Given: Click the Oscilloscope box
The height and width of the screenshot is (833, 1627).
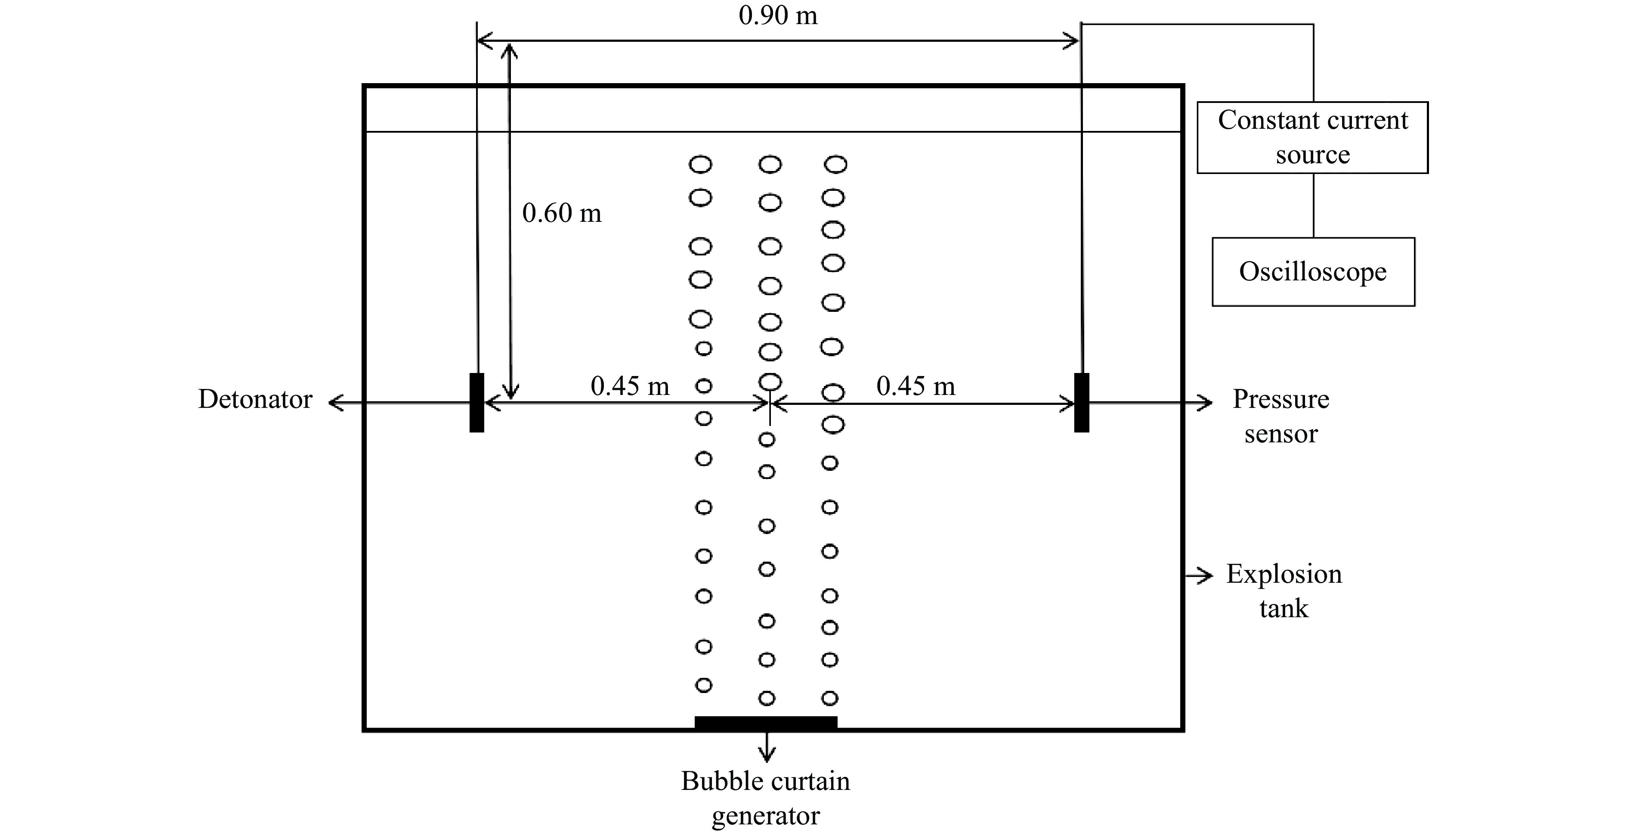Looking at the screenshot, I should [1312, 272].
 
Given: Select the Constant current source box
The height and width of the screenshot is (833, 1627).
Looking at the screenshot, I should [1312, 137].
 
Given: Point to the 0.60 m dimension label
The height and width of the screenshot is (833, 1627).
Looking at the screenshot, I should [562, 213].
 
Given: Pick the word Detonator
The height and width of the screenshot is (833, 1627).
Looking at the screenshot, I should [255, 399].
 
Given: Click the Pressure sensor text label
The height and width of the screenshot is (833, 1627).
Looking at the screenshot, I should [1280, 416].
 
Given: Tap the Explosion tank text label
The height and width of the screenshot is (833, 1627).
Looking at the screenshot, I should [1284, 591].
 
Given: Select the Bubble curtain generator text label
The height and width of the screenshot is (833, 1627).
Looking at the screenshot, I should [765, 798].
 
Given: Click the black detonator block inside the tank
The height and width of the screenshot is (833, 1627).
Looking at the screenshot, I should [477, 403].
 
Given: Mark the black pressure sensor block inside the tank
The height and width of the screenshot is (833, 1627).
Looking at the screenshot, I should [1081, 403].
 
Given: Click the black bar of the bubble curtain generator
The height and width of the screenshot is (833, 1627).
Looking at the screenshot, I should [765, 722].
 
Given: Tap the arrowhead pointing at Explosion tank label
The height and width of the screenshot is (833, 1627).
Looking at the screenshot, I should [1206, 575].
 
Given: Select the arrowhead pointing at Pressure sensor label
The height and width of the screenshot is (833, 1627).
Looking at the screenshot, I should [1206, 403].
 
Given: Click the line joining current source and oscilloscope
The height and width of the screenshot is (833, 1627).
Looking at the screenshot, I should [1313, 205].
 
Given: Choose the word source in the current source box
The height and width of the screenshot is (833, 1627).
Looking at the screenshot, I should [1312, 155].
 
